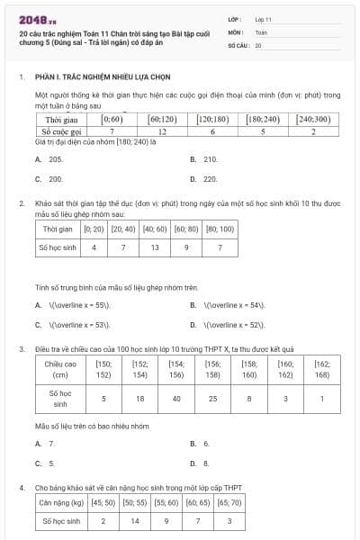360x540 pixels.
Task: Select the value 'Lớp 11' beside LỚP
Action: pyautogui.click(x=263, y=18)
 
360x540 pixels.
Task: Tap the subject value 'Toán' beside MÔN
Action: pyautogui.click(x=261, y=31)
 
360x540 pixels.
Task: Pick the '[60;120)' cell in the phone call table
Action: pyautogui.click(x=162, y=119)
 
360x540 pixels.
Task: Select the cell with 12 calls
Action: pyautogui.click(x=162, y=130)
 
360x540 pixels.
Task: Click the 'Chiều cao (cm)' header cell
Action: pyautogui.click(x=60, y=369)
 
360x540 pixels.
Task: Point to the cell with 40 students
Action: pyautogui.click(x=176, y=398)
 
